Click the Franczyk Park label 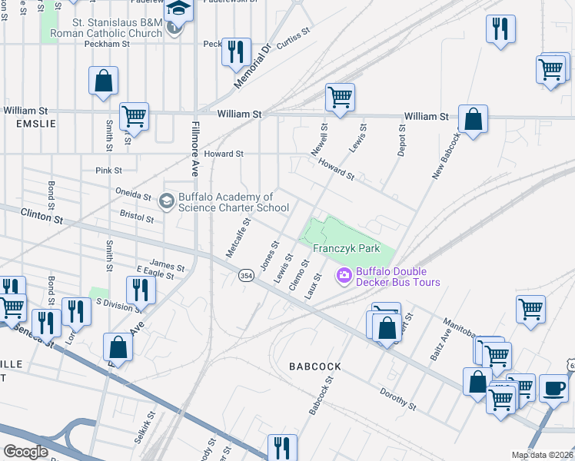pyautogui.click(x=347, y=249)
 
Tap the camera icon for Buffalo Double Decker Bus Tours pyautogui.click(x=344, y=274)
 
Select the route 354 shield pyautogui.click(x=246, y=276)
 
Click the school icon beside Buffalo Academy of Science pyautogui.click(x=166, y=201)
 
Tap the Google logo pyautogui.click(x=25, y=452)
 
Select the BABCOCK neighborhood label pyautogui.click(x=314, y=366)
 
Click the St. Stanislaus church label pyautogui.click(x=106, y=28)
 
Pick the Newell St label pyautogui.click(x=319, y=141)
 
